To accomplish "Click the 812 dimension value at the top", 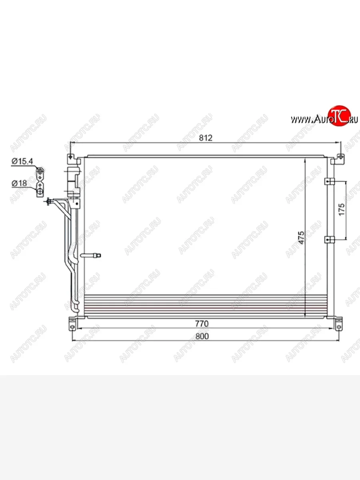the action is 206,138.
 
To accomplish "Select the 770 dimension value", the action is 202,324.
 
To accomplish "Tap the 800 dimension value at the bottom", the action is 202,336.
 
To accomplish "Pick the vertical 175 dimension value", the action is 342,210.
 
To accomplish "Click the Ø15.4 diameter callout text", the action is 22,161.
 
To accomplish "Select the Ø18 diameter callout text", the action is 19,183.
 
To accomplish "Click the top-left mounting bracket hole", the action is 70,157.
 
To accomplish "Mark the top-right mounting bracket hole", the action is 340,157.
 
